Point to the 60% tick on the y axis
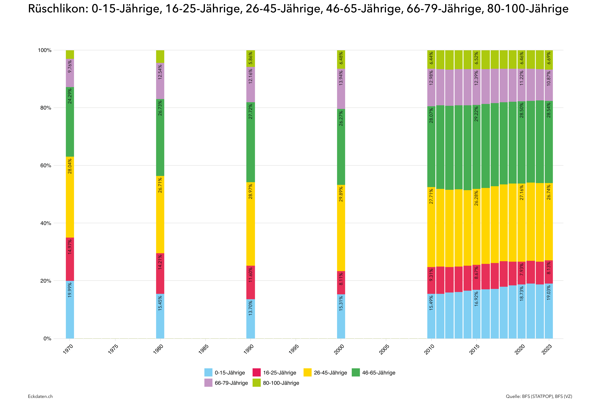tap(45, 165)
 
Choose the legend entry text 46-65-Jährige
tap(379, 373)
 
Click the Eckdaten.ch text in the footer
tap(40, 396)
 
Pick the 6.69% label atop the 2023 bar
tap(549, 58)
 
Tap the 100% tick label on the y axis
tap(45, 50)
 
